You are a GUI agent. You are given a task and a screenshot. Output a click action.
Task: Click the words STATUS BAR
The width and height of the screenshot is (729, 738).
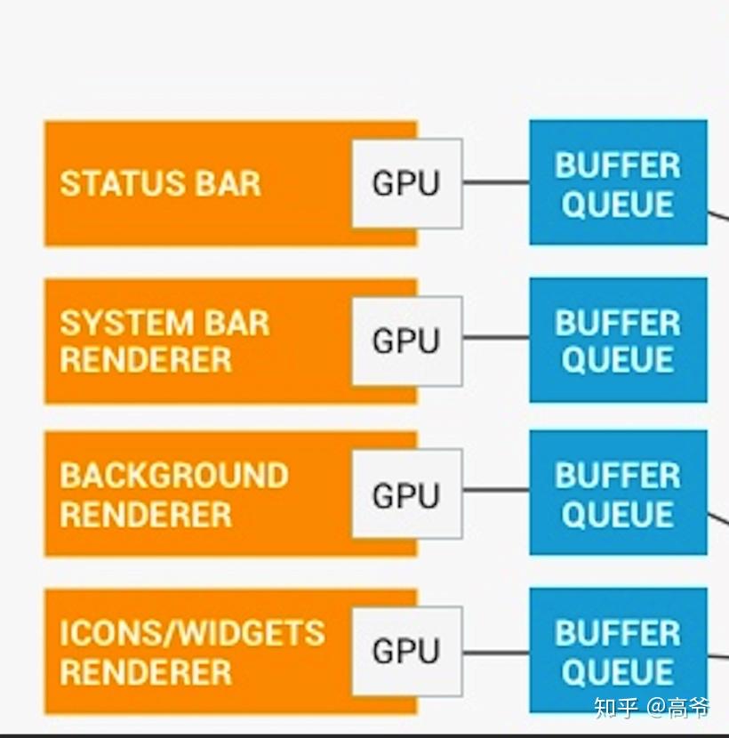point(160,183)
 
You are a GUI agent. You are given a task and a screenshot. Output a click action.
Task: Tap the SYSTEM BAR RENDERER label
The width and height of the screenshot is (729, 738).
point(164,341)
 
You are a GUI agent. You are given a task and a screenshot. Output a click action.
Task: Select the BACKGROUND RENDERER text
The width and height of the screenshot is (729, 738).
point(173,494)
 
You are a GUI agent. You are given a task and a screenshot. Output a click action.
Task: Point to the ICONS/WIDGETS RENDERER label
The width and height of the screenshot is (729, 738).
point(191,652)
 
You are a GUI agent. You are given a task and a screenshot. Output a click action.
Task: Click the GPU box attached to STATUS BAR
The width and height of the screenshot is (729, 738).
point(406,183)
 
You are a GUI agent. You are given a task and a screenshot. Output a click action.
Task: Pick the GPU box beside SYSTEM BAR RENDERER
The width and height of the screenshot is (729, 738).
point(406,341)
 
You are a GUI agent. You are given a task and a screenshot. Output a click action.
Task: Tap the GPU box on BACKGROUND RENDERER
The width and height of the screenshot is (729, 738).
point(406,494)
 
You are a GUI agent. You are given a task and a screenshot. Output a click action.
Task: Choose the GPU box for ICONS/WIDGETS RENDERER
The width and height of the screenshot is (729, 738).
point(406,652)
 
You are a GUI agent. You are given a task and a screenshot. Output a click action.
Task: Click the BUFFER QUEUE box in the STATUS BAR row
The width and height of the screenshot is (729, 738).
point(618,183)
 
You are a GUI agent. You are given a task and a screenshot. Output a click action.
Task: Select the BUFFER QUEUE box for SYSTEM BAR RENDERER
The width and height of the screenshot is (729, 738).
point(618,341)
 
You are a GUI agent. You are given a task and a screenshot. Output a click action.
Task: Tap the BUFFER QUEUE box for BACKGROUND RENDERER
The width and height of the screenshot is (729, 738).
point(618,494)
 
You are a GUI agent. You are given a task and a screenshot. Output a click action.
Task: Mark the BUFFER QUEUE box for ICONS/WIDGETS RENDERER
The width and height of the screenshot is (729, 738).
point(618,652)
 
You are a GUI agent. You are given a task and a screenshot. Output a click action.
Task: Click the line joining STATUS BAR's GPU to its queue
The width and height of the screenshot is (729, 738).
point(495,183)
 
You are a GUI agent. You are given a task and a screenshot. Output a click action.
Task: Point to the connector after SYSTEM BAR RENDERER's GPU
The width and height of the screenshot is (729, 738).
point(495,338)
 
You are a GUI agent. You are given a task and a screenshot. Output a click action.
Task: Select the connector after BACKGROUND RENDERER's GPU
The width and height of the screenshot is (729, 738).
point(495,490)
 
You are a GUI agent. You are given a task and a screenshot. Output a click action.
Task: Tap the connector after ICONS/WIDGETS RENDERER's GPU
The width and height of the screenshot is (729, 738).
point(495,654)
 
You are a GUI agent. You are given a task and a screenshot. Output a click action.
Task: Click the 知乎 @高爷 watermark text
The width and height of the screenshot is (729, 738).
point(652,708)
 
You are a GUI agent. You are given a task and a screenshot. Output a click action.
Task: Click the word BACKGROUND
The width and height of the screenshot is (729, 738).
point(173,476)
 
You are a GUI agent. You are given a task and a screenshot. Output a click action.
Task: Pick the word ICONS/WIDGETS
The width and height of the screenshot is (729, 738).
point(191,633)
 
